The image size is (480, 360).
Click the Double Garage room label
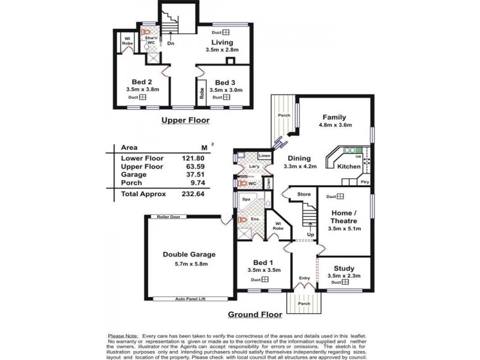pyautogui.click(x=189, y=254)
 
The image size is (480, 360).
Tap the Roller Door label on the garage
pyautogui.click(x=166, y=217)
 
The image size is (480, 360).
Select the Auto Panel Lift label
pyautogui.click(x=190, y=298)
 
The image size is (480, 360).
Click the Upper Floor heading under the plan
pyautogui.click(x=185, y=121)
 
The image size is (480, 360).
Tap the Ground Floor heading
pyautogui.click(x=255, y=314)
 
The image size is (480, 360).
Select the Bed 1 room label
pyautogui.click(x=263, y=263)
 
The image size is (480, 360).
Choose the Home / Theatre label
pyautogui.click(x=343, y=217)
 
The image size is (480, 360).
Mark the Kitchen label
pyautogui.click(x=349, y=166)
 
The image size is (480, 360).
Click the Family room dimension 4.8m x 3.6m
pyautogui.click(x=335, y=125)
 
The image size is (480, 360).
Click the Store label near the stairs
pyautogui.click(x=304, y=194)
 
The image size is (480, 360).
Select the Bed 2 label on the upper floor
pyautogui.click(x=141, y=82)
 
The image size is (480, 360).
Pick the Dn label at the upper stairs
pyautogui.click(x=171, y=43)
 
